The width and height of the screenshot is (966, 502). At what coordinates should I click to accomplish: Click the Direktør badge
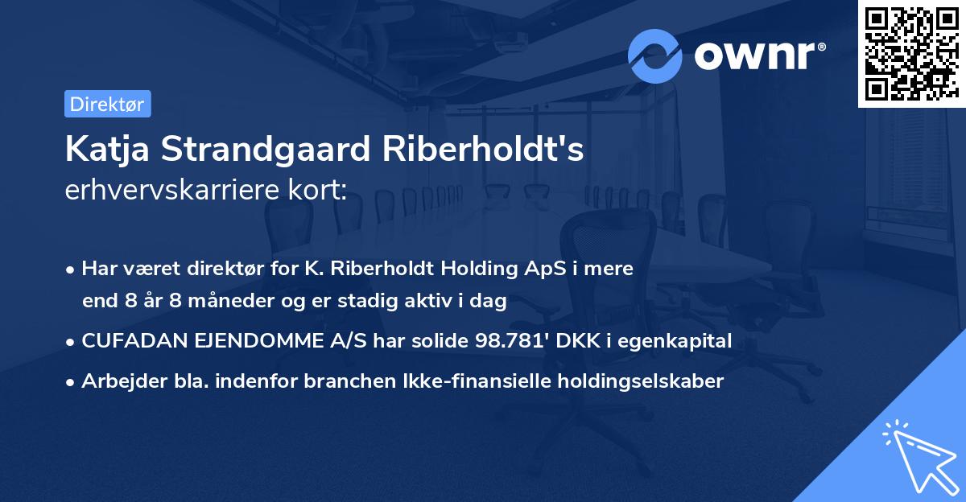pos(107,104)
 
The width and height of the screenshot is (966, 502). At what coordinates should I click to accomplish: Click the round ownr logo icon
pos(655,56)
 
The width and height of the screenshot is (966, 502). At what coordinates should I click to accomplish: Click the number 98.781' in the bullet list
pos(507,341)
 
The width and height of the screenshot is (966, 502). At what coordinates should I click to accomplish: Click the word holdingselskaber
pos(636,381)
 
